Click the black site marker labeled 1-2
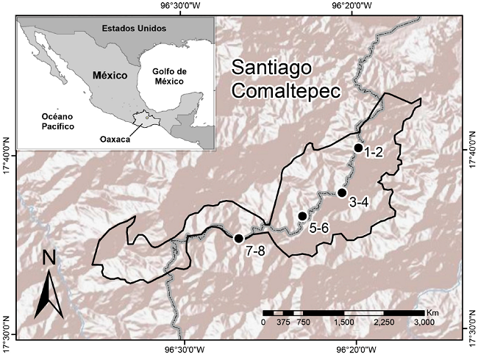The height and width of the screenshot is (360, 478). pos(358,148)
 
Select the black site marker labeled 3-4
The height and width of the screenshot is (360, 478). pos(342,192)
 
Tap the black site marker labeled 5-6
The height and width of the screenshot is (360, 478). pos(302,216)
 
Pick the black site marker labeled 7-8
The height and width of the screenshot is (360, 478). pos(238,238)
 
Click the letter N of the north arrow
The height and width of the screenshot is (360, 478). pos(49,258)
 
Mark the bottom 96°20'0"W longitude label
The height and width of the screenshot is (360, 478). pos(357,350)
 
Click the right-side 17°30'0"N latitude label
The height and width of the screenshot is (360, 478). pos(471,328)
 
